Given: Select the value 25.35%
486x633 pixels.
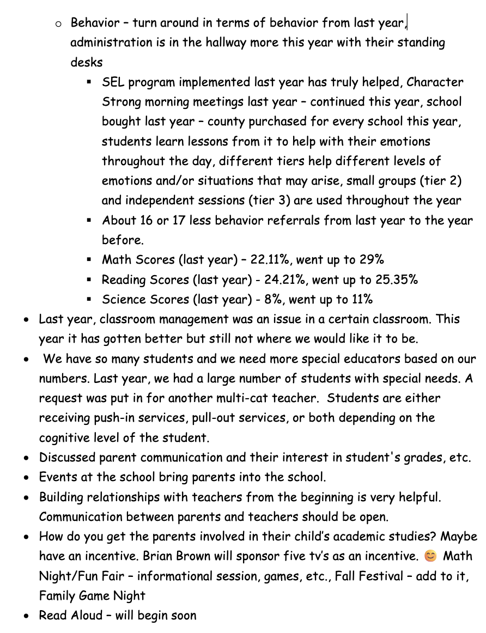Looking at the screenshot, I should pyautogui.click(x=396, y=280).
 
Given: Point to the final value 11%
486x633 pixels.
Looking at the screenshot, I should pyautogui.click(x=362, y=300).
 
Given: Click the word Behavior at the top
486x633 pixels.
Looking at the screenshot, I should pyautogui.click(x=95, y=23).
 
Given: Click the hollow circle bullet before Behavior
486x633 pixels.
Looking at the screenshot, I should pyautogui.click(x=59, y=23).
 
